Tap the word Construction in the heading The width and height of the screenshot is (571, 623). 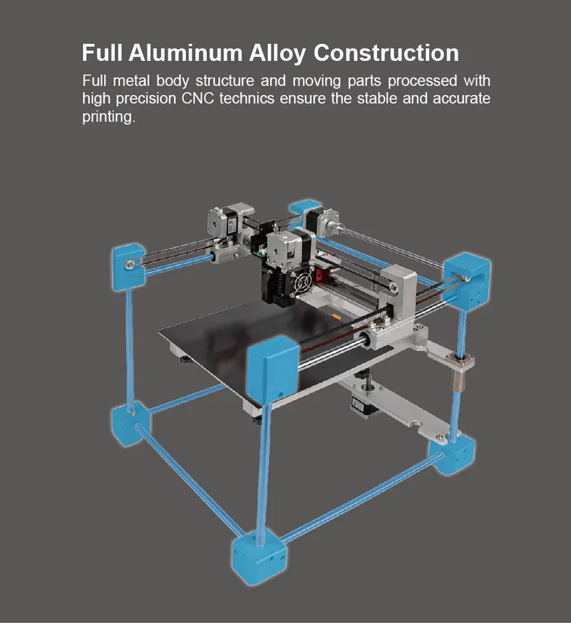(x=386, y=53)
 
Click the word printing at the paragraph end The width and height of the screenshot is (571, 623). (x=108, y=118)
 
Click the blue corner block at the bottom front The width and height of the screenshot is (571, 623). (x=259, y=557)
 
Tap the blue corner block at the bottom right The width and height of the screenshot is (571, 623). (x=455, y=454)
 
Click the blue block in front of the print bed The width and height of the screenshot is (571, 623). (x=273, y=371)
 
